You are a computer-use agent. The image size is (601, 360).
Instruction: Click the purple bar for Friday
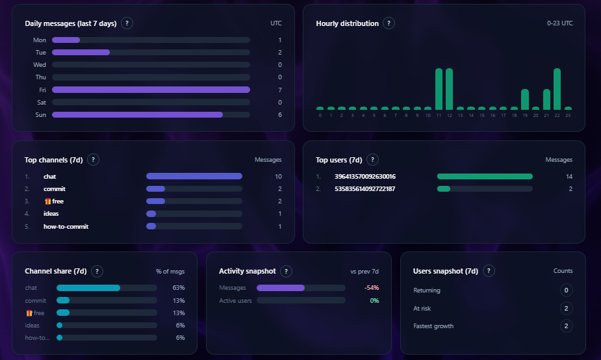151,90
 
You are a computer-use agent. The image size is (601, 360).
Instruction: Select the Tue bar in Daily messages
81,52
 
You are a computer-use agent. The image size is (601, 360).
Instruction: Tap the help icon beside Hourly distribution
389,23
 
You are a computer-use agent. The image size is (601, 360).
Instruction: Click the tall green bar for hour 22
557,89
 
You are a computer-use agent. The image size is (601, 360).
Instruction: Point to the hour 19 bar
525,99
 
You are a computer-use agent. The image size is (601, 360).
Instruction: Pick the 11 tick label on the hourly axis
439,116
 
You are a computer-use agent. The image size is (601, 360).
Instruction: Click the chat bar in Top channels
194,176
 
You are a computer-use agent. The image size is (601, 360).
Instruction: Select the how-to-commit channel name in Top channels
66,227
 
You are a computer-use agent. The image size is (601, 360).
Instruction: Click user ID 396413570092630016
365,176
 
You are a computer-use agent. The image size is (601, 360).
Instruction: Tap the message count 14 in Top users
569,176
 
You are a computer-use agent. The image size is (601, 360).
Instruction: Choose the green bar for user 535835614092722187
444,189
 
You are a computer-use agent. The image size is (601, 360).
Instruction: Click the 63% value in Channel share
179,288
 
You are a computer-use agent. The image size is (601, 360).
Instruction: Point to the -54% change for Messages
372,288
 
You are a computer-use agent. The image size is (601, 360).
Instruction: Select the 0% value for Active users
374,301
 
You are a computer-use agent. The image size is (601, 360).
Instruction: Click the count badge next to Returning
567,290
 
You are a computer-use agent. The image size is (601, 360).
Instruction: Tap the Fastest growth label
433,326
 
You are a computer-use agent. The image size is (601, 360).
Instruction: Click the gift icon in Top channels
47,201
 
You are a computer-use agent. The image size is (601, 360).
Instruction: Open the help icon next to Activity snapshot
287,272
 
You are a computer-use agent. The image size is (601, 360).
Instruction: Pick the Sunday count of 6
279,115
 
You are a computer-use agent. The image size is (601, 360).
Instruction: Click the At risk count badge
567,309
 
